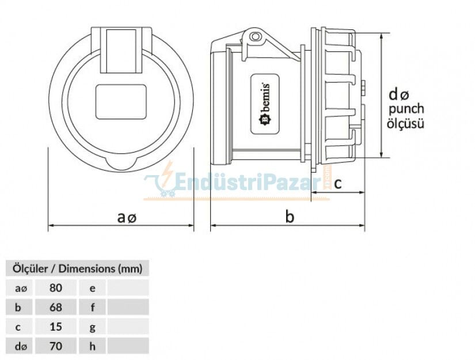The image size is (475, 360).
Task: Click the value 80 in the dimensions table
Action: coord(55,287)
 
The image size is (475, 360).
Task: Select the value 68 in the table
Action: coord(55,307)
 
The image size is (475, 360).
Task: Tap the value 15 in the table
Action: coord(55,327)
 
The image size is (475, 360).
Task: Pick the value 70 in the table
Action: coord(55,346)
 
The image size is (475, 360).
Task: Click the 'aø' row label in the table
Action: coord(20,287)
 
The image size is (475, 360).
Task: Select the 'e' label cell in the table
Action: coord(92,287)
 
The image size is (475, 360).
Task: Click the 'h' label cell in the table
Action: coord(92,346)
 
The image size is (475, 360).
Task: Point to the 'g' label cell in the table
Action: coord(92,327)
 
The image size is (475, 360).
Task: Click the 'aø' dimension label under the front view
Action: coord(127,217)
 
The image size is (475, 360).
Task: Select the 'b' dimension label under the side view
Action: coord(290,217)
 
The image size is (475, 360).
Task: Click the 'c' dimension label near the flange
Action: coord(338,183)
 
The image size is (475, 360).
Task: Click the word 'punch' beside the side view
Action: coord(406,109)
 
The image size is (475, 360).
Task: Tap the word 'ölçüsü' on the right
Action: coord(406,123)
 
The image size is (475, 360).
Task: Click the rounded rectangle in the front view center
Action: coord(121,101)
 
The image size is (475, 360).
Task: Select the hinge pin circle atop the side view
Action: coord(255,37)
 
